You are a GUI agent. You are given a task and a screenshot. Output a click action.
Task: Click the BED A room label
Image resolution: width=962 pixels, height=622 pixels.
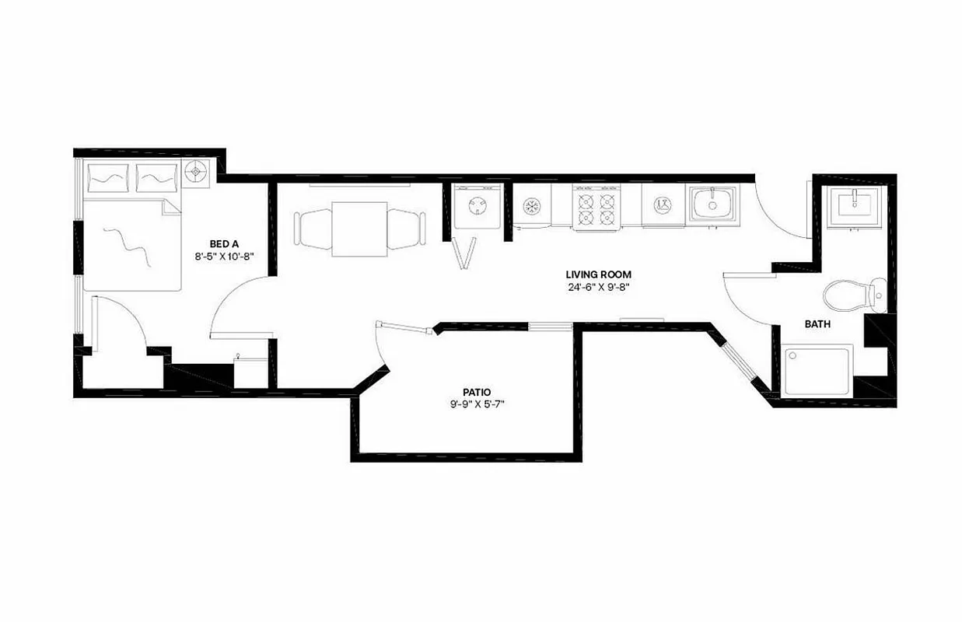coord(218,243)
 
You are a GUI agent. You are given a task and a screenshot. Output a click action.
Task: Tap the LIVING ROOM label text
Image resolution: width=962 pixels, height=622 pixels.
coord(597,274)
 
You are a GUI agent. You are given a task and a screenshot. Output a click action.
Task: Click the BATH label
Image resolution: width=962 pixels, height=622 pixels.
coord(817,323)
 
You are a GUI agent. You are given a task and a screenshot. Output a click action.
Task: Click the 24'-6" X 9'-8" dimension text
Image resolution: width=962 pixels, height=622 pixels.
coord(597,286)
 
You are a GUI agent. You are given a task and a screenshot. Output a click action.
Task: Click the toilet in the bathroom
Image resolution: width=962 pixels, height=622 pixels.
coord(852,294)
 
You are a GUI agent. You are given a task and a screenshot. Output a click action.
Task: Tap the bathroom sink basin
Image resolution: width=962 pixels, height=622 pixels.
coord(854,204)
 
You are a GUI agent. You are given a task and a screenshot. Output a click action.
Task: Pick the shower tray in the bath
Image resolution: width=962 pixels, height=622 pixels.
coord(818,371)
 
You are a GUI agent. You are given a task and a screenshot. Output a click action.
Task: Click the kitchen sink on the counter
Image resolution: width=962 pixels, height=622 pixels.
coord(712,203)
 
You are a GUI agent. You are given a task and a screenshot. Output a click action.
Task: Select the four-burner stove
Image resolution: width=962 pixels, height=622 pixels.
coord(596,207)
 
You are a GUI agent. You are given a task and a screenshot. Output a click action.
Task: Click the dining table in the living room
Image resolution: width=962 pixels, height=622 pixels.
coord(359,229)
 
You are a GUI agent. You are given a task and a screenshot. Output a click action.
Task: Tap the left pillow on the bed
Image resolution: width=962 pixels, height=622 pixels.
coord(108,178)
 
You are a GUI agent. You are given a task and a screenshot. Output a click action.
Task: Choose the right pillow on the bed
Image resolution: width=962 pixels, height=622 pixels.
coord(157,178)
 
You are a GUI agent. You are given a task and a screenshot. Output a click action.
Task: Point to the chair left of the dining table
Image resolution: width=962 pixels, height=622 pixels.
coord(313,229)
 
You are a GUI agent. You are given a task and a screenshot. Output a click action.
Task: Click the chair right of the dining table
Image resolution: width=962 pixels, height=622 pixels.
coord(405,229)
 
